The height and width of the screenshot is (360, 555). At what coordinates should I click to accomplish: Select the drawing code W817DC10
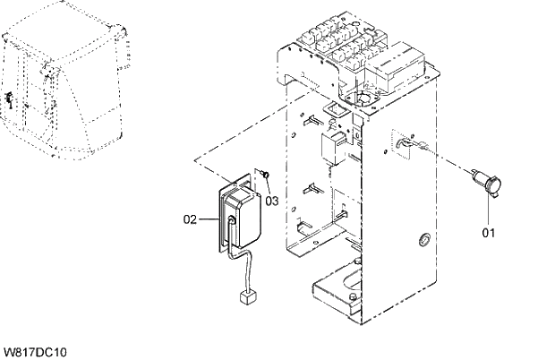pos(36,352)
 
